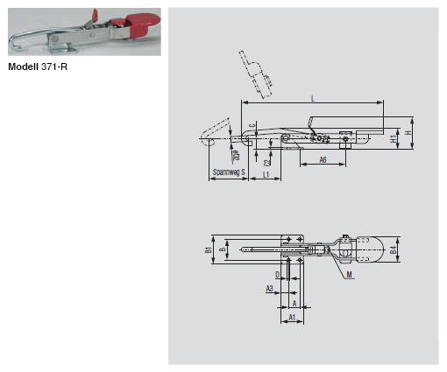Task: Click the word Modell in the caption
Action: pyautogui.click(x=25, y=66)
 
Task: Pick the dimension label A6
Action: pyautogui.click(x=323, y=160)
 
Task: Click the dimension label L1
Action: pyautogui.click(x=265, y=175)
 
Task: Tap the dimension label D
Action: pyautogui.click(x=277, y=274)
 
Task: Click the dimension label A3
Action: pyautogui.click(x=271, y=287)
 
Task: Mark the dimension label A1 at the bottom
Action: pyautogui.click(x=290, y=316)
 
